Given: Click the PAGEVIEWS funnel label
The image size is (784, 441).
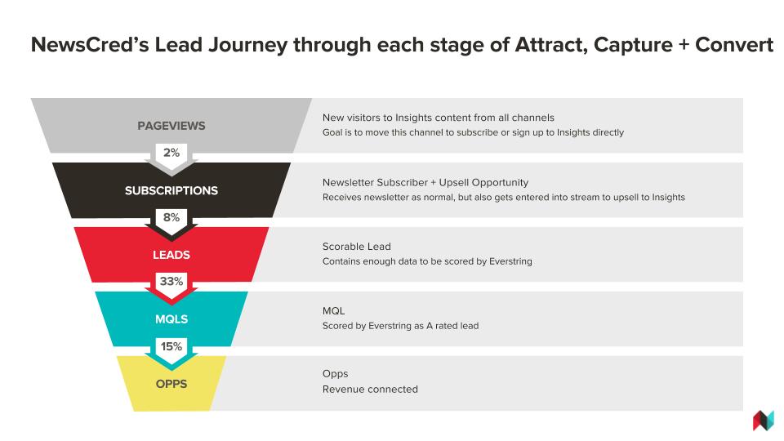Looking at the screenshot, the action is [x=171, y=126].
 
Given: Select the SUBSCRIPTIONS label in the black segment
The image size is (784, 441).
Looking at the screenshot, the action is [x=171, y=190].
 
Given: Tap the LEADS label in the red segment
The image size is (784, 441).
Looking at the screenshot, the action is [x=171, y=255].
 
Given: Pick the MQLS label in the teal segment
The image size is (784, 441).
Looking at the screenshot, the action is [x=171, y=319].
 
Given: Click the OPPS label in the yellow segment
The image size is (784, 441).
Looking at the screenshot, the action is [x=171, y=384].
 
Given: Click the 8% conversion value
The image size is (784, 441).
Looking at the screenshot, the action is [x=171, y=217].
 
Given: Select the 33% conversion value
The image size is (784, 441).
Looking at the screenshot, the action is [x=171, y=282].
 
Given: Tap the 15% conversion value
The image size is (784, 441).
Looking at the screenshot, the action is [x=171, y=346].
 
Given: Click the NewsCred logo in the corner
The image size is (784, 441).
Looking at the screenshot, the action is [x=763, y=421].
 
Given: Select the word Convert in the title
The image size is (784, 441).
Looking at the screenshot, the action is [x=734, y=45].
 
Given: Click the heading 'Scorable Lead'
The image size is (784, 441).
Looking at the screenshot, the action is [x=357, y=247].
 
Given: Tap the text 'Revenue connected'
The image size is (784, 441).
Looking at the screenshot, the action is [x=370, y=389].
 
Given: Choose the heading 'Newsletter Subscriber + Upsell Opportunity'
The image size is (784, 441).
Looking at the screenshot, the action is [x=425, y=182].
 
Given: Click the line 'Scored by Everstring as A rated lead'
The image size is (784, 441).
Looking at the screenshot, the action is [x=400, y=326].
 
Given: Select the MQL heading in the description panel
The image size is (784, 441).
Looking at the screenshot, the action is [x=333, y=311].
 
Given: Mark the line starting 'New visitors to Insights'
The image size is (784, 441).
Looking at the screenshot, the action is [x=438, y=118].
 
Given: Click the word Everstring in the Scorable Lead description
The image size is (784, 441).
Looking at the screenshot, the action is [x=510, y=261].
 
